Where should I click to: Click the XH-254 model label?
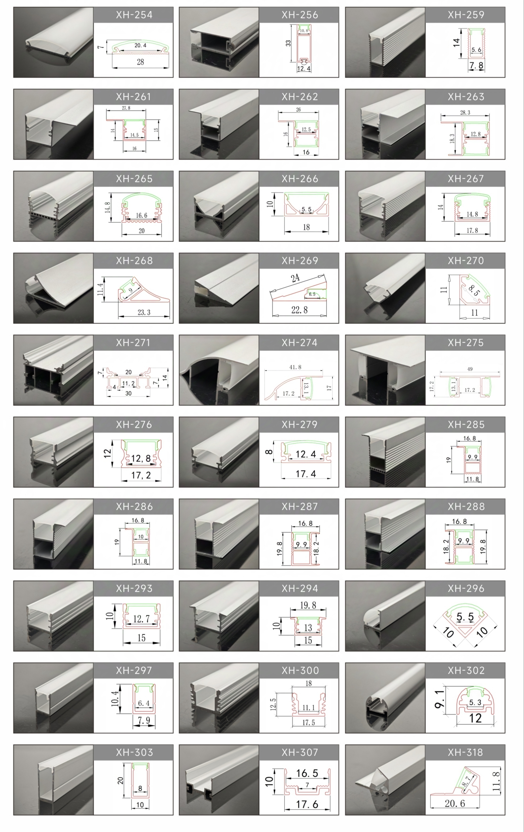[134, 15]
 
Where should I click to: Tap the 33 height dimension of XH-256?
[288, 43]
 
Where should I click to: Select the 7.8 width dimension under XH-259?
[476, 65]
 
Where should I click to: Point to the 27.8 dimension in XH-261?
[126, 108]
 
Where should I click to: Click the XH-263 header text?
[466, 97]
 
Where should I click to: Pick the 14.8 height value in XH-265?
[108, 207]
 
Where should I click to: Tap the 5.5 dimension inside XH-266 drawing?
[306, 209]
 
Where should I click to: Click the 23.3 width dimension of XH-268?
[144, 312]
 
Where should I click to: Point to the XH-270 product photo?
[385, 288]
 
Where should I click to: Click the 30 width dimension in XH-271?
[128, 393]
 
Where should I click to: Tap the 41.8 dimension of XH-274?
[295, 367]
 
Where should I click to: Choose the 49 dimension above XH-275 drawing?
[470, 369]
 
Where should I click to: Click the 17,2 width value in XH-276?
[141, 475]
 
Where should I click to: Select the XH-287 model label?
[300, 507]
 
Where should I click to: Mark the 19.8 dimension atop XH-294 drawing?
[308, 605]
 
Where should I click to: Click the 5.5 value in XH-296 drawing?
[465, 617]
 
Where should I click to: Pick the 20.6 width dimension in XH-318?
[455, 803]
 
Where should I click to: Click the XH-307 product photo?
[219, 780]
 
